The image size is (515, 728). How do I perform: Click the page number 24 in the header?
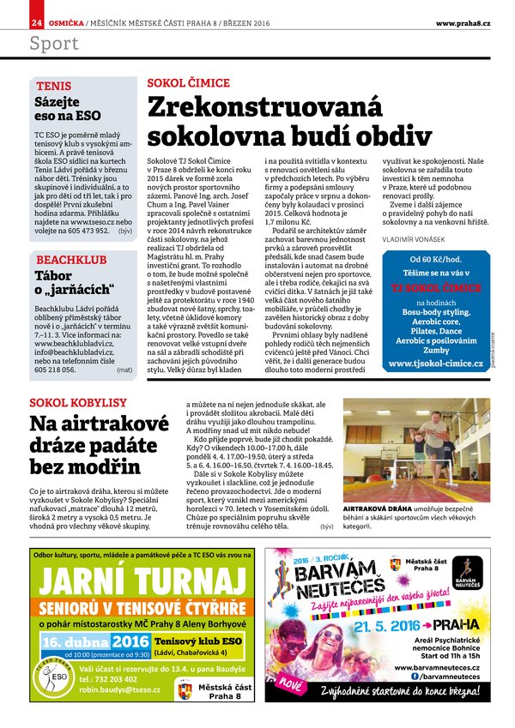pyautogui.click(x=36, y=21)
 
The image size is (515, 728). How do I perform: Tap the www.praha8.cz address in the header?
pyautogui.click(x=463, y=21)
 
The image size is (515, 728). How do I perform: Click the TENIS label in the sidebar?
pyautogui.click(x=52, y=87)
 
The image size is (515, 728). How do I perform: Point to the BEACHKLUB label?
pyautogui.click(x=66, y=259)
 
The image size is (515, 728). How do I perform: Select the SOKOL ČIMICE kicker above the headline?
pyautogui.click(x=189, y=82)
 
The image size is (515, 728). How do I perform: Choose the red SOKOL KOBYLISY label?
pyautogui.click(x=78, y=401)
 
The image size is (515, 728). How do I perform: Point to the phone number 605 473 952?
pyautogui.click(x=75, y=231)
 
